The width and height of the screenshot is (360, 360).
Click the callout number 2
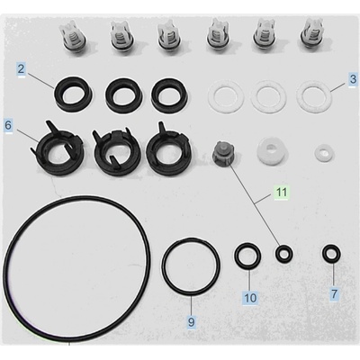pyautogui.click(x=21, y=68)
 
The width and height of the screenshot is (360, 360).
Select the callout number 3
pyautogui.click(x=353, y=79)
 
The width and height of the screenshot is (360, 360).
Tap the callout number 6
pyautogui.click(x=8, y=125)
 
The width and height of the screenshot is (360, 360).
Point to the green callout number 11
pyautogui.click(x=281, y=192)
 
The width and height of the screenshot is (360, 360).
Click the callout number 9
pyautogui.click(x=191, y=322)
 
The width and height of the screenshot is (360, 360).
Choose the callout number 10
pyautogui.click(x=250, y=298)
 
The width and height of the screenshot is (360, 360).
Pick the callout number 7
pyautogui.click(x=334, y=293)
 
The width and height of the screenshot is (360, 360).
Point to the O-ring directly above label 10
pyautogui.click(x=247, y=248)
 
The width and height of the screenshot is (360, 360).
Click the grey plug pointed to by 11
pyautogui.click(x=224, y=153)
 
